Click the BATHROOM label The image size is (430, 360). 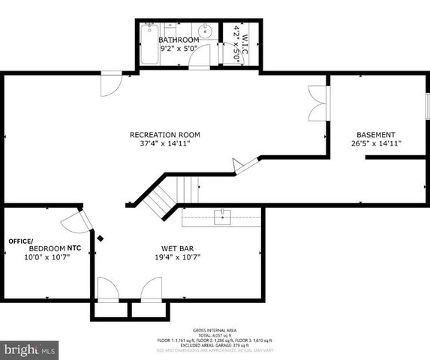179,40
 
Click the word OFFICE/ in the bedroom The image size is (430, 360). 21,241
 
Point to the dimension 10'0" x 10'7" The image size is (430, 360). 47,256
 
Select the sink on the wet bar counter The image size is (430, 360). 222,217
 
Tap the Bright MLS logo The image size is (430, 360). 29,349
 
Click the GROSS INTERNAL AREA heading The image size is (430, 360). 214,329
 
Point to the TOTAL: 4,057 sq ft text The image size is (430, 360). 215,334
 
